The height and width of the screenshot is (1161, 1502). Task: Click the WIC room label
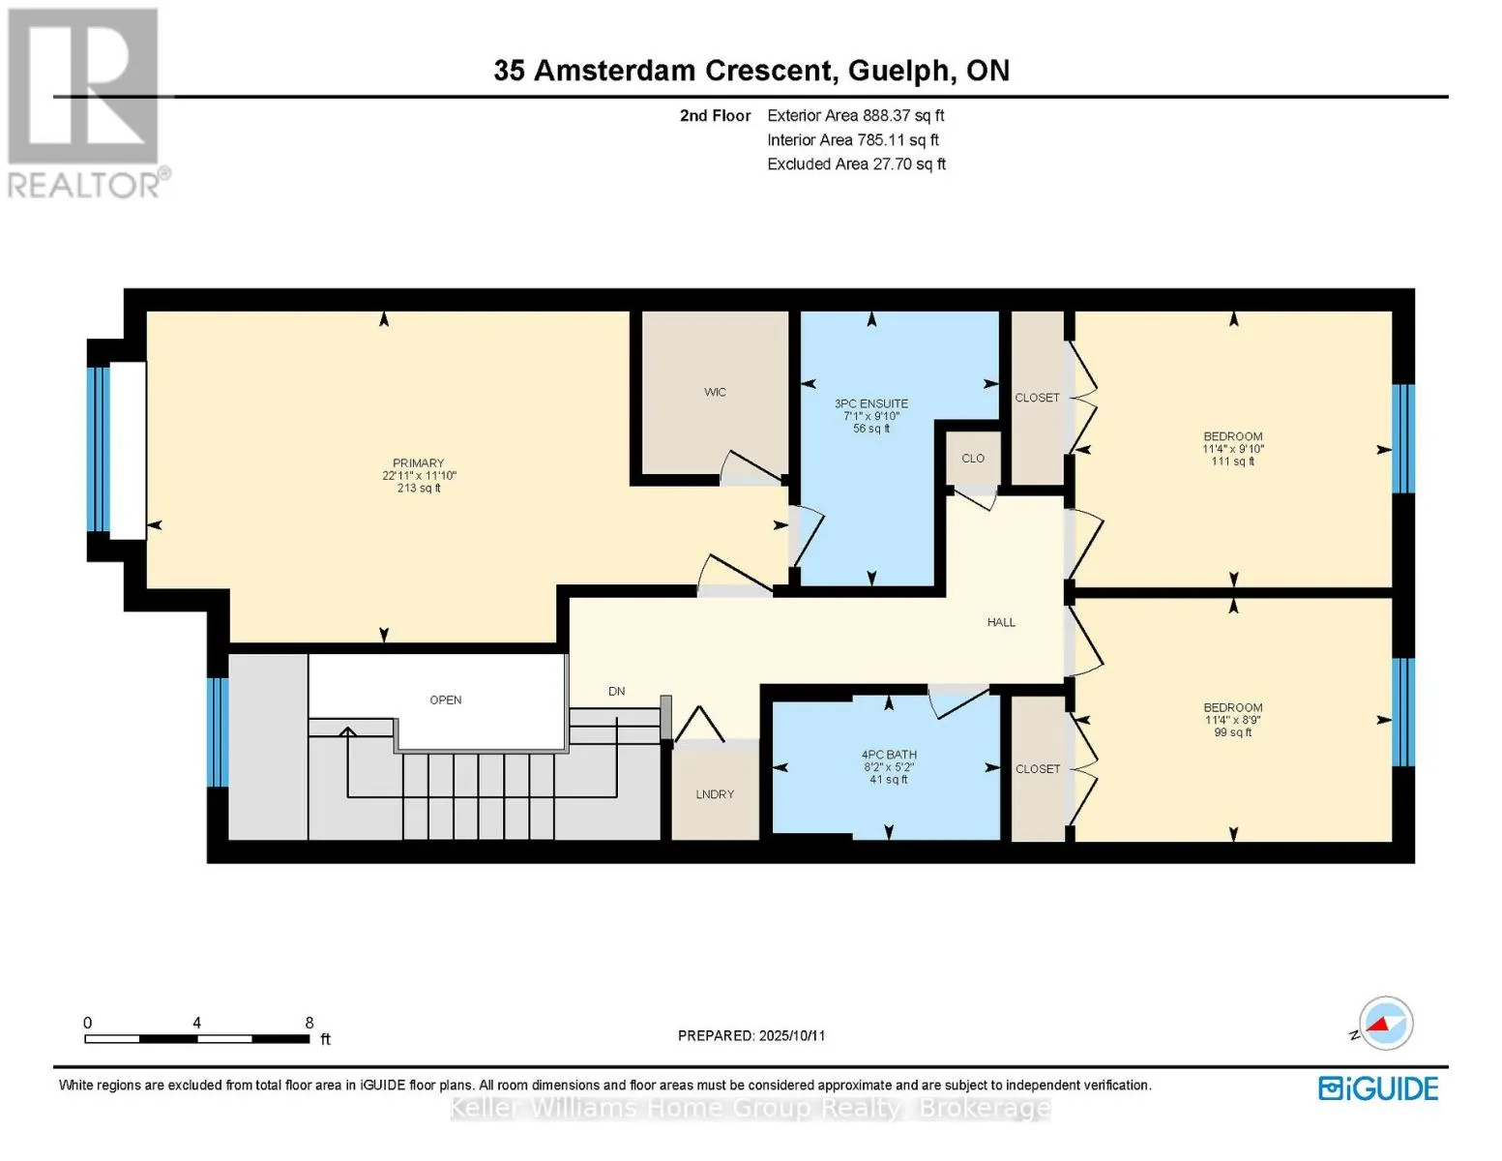coord(715,392)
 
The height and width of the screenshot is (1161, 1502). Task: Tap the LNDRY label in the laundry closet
coord(715,793)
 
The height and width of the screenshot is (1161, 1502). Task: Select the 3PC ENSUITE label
coord(870,403)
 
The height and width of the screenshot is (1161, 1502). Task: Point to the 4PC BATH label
coord(889,755)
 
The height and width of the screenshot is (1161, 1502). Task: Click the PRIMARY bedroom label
coord(418,462)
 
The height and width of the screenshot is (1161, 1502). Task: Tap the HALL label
coord(1001,622)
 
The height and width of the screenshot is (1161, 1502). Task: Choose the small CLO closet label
coord(973,459)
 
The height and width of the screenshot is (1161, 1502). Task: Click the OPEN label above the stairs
coord(446,700)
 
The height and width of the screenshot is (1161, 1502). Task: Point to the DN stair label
coord(616,691)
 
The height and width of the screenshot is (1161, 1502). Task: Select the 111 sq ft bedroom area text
coord(1232,461)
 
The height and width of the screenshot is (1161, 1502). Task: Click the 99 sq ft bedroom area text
coord(1232,732)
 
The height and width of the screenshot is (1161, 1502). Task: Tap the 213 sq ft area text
coord(419,488)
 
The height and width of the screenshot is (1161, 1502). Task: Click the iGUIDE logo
coord(1377,1087)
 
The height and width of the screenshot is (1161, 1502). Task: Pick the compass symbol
coord(1385,1024)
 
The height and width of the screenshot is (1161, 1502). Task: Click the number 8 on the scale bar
coord(309,1022)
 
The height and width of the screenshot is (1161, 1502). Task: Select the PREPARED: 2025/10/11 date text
coord(751,1035)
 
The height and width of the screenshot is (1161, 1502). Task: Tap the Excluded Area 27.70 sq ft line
coord(856,164)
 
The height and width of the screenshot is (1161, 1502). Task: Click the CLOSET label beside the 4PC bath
coord(1038,769)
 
